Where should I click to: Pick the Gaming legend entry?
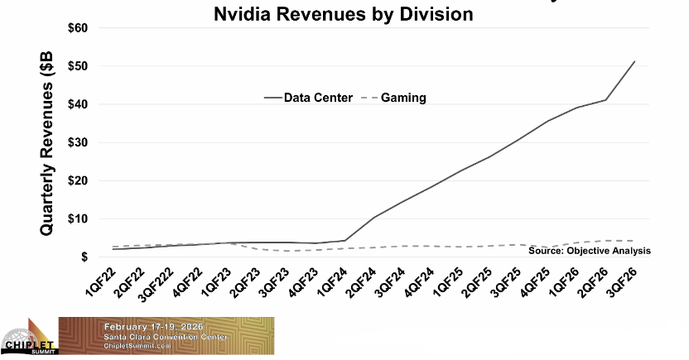(403, 97)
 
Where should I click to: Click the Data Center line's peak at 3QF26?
(634, 61)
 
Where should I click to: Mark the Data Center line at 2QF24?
(374, 218)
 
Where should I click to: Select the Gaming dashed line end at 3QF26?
(634, 241)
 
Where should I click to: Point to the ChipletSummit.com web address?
(142, 347)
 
